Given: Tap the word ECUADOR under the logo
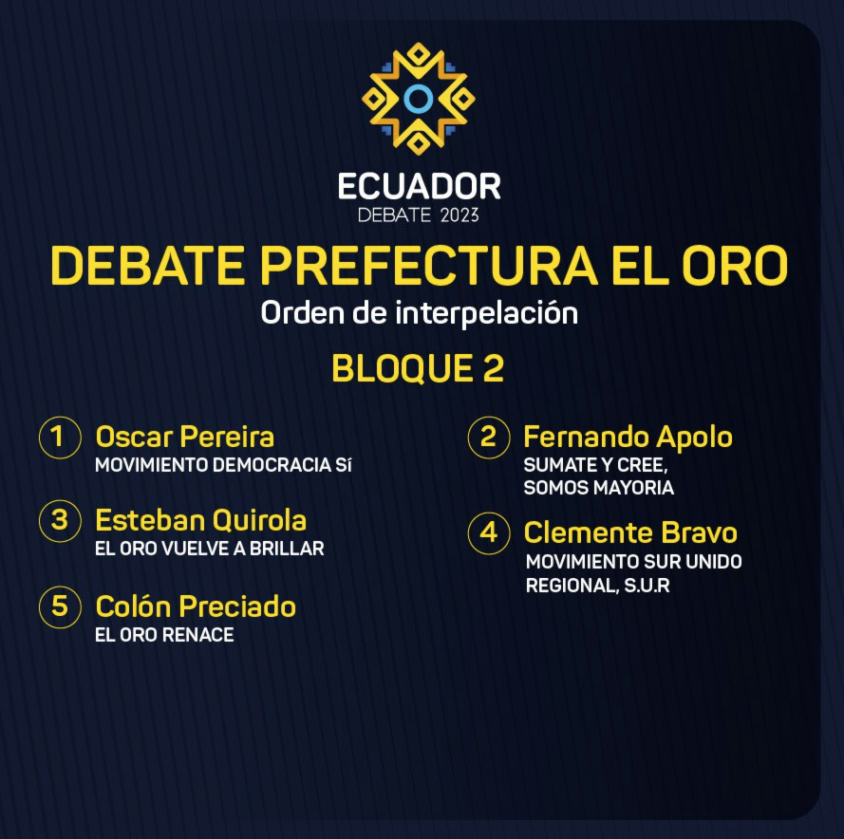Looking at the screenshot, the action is tap(420, 187).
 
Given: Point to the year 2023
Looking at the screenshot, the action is tap(460, 215).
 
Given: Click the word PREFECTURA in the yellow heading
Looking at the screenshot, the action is tap(428, 266).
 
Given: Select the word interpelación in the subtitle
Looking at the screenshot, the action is tap(487, 313).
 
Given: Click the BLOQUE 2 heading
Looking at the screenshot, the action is tap(418, 368).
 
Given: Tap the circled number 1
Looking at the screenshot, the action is tap(60, 437).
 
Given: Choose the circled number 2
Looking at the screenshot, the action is tap(488, 437).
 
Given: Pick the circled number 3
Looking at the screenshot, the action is tap(60, 520).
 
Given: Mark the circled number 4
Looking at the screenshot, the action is tap(488, 532).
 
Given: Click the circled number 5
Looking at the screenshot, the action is tap(60, 607).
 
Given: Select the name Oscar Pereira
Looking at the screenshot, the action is tap(184, 437).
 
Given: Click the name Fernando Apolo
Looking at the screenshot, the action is tap(628, 438).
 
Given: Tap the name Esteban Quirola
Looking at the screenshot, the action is tap(200, 520).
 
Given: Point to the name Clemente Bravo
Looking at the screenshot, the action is tap(630, 532).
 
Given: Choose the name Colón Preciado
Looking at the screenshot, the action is tap(196, 606).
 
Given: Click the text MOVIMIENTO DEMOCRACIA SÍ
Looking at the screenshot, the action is tap(223, 465).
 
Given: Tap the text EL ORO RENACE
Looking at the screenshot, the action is tap(164, 635).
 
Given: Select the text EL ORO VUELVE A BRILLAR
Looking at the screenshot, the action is tap(210, 549).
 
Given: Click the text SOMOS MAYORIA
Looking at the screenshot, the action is tap(598, 488).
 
